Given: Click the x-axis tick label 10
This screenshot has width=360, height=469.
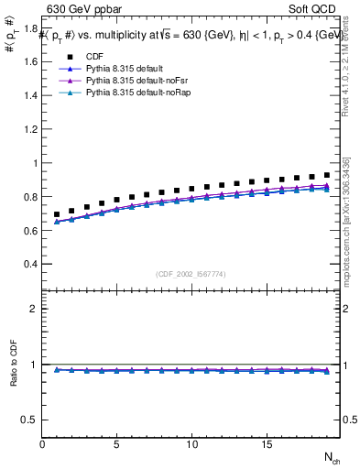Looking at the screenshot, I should click(191, 445).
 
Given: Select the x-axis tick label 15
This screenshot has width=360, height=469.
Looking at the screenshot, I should click(266, 445).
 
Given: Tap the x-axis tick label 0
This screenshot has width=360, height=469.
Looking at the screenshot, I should click(42, 445).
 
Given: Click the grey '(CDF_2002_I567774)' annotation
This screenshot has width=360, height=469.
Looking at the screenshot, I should click(191, 273).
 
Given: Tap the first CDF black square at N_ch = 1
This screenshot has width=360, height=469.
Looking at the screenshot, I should click(57, 214).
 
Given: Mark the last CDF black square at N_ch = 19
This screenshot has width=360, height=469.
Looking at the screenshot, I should click(326, 174).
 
